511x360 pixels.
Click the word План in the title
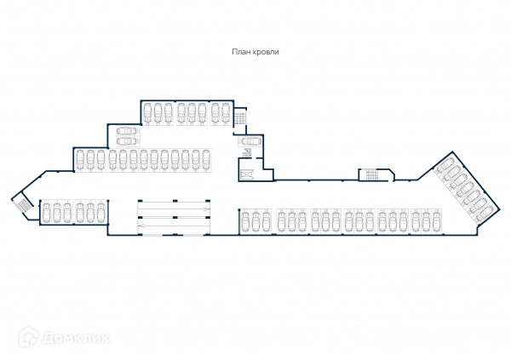pos(242,52)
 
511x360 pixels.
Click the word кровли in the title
pos(267,52)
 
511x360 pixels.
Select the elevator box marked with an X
pos(249,174)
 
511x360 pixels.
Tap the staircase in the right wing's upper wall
pos(372,174)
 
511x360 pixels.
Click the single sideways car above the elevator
pos(250,140)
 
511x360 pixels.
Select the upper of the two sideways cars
pos(125,132)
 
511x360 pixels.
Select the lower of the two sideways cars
pos(125,141)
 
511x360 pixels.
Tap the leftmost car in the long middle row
pos(79,158)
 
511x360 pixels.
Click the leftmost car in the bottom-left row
pos(47,211)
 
